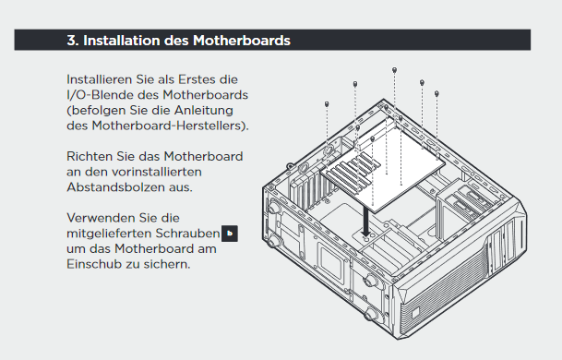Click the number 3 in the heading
pyautogui.click(x=71, y=41)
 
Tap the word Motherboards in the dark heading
pyautogui.click(x=242, y=41)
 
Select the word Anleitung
pyautogui.click(x=204, y=111)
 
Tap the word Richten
pyautogui.click(x=90, y=156)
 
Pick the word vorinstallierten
pyautogui.click(x=157, y=172)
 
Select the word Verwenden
pyautogui.click(x=94, y=218)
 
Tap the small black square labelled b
pyautogui.click(x=230, y=234)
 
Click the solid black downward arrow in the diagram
pyautogui.click(x=366, y=222)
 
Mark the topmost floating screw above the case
pyautogui.click(x=394, y=70)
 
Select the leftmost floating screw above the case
pyautogui.click(x=327, y=104)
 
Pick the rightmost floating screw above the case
pyautogui.click(x=436, y=93)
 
